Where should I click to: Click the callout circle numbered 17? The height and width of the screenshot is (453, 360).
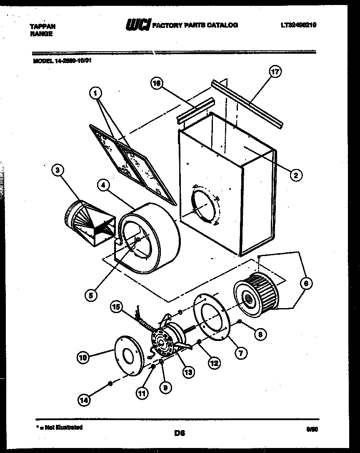pyautogui.click(x=275, y=72)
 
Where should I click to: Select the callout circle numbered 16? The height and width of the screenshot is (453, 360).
pyautogui.click(x=156, y=83)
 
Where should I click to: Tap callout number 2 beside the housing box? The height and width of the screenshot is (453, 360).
pyautogui.click(x=295, y=175)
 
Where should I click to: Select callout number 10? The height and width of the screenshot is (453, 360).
pyautogui.click(x=83, y=357)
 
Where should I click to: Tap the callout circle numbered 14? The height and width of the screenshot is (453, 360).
pyautogui.click(x=84, y=400)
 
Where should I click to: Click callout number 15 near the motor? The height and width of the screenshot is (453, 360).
pyautogui.click(x=117, y=307)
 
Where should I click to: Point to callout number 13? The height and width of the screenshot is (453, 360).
pyautogui.click(x=188, y=372)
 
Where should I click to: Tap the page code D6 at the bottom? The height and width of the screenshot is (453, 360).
pyautogui.click(x=180, y=433)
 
